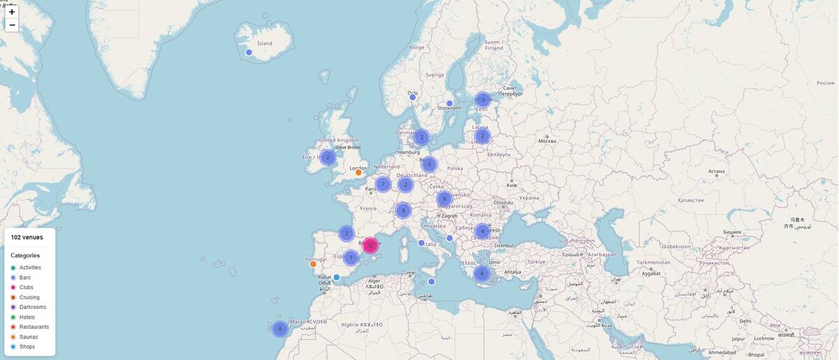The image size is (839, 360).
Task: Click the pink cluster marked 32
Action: pyautogui.click(x=370, y=245)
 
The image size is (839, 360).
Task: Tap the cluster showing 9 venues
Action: pyautogui.click(x=443, y=199)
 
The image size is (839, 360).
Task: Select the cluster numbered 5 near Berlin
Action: pyautogui.click(x=429, y=164)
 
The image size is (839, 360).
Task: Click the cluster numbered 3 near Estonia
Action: pyautogui.click(x=482, y=99)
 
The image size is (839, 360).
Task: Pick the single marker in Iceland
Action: pyautogui.click(x=249, y=52)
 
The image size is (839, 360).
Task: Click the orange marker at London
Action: pyautogui.click(x=359, y=173)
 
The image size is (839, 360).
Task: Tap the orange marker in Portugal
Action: pyautogui.click(x=313, y=264)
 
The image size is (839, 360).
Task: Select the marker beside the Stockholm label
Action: pyautogui.click(x=450, y=103)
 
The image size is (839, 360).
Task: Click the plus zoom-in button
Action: pyautogui.click(x=12, y=12)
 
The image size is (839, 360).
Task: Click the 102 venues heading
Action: pyautogui.click(x=27, y=238)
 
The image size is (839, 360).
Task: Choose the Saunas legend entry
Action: pyautogui.click(x=29, y=337)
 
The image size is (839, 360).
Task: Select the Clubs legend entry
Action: pyautogui.click(x=26, y=287)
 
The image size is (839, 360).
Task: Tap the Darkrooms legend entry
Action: pyautogui.click(x=32, y=307)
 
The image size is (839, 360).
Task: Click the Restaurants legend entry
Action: pyautogui.click(x=34, y=326)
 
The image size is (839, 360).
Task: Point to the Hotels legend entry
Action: pyautogui.click(x=27, y=317)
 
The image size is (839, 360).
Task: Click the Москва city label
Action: pyautogui.click(x=547, y=141)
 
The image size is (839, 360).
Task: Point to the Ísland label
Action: pyautogui.click(x=265, y=43)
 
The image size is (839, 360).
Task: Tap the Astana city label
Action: pyautogui.click(x=716, y=171)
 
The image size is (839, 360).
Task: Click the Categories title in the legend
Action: pyautogui.click(x=25, y=255)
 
